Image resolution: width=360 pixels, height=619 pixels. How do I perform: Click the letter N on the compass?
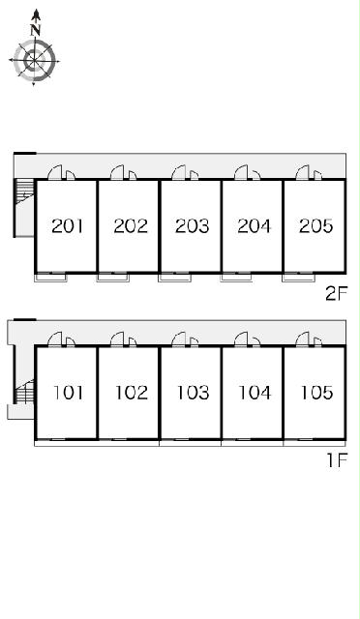pyautogui.click(x=36, y=30)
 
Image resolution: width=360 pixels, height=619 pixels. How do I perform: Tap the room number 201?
pyautogui.click(x=68, y=226)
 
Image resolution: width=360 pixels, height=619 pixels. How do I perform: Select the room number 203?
pyautogui.click(x=192, y=226)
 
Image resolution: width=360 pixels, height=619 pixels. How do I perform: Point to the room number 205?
pyautogui.click(x=316, y=226)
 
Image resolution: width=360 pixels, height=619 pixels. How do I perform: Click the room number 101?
pyautogui.click(x=69, y=393)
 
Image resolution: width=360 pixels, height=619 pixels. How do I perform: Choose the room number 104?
pyautogui.click(x=255, y=393)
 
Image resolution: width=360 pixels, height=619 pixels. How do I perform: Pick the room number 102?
pyautogui.click(x=132, y=393)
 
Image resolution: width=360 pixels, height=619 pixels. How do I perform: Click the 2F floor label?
pyautogui.click(x=336, y=293)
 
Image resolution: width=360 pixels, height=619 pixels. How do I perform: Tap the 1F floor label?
pyautogui.click(x=337, y=460)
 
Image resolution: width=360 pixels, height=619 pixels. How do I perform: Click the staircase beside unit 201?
pyautogui.click(x=24, y=192)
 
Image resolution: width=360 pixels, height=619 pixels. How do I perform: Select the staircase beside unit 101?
pyautogui.click(x=24, y=392)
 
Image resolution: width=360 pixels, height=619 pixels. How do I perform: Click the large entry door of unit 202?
pyautogui.click(x=118, y=173)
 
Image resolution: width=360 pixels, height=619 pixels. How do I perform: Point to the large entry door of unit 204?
pyautogui.click(x=241, y=173)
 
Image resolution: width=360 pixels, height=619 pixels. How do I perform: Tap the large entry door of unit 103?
pyautogui.click(x=179, y=339)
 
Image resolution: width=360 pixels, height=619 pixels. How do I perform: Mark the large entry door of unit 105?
pyautogui.click(x=303, y=339)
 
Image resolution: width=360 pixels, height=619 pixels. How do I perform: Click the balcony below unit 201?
pyautogui.click(x=51, y=278)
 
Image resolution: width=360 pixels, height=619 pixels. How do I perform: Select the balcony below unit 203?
pyautogui.click(x=174, y=278)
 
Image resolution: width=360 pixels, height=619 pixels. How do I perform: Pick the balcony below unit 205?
pyautogui.click(x=298, y=278)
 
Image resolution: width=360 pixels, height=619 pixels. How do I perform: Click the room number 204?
pyautogui.click(x=255, y=226)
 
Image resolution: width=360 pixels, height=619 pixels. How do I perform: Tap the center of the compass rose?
pyautogui.click(x=35, y=61)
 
